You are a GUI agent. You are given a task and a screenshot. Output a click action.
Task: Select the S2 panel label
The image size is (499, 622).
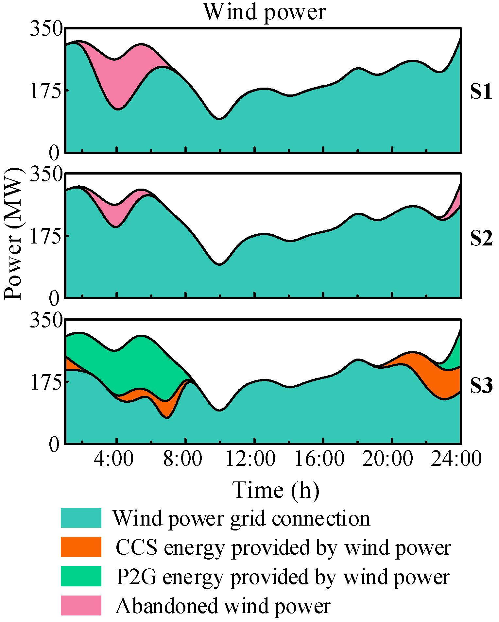(481, 239)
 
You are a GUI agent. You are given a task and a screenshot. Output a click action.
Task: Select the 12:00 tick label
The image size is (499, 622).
(250, 459)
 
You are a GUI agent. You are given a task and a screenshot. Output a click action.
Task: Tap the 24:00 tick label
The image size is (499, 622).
(456, 459)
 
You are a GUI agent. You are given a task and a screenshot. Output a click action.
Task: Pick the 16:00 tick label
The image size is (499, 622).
(319, 459)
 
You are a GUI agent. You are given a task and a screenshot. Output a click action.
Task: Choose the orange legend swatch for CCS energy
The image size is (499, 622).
(81, 547)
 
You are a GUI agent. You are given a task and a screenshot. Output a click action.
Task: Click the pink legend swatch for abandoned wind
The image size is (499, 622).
(81, 605)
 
